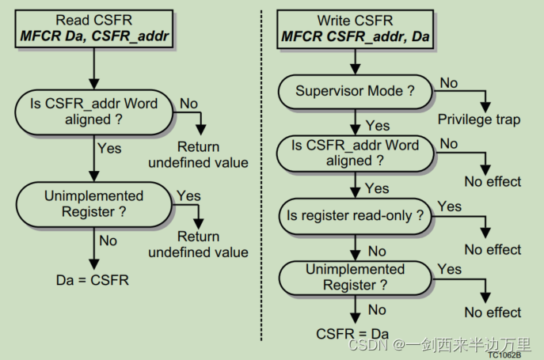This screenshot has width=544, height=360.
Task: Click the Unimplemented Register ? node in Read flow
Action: [94, 203]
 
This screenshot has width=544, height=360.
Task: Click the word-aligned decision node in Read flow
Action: [94, 112]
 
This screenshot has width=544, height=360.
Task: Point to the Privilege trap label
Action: [479, 119]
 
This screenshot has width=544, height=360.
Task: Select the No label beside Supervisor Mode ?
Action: [449, 82]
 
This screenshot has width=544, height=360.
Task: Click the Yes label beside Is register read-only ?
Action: [449, 207]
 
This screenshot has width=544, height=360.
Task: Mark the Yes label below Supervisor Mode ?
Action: [378, 126]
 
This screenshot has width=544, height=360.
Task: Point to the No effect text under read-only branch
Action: [493, 249]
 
